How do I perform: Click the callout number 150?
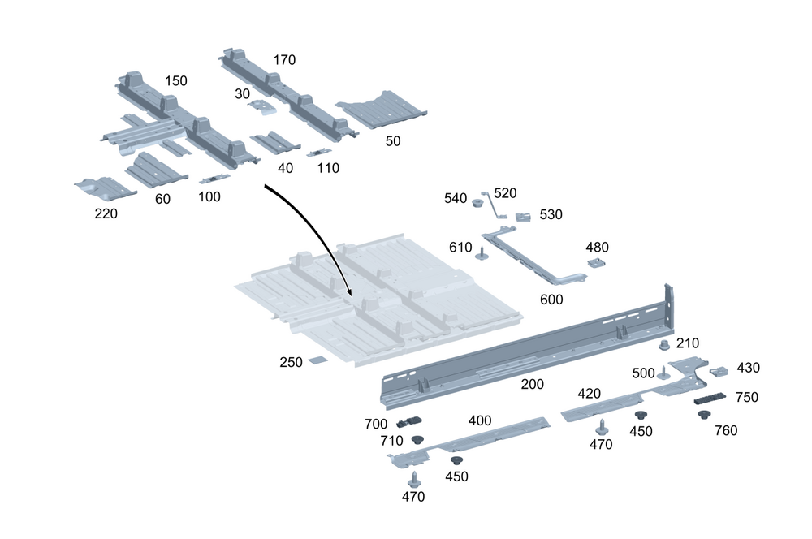click(x=176, y=81)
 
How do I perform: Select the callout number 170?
click(x=284, y=60)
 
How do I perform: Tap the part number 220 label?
click(x=106, y=214)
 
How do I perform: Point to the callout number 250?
click(x=292, y=361)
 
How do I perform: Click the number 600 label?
click(x=551, y=300)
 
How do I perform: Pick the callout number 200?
click(x=532, y=384)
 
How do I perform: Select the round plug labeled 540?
click(x=478, y=201)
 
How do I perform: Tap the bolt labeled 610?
click(x=481, y=252)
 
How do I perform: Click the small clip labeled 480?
click(x=597, y=264)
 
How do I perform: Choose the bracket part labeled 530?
click(x=524, y=216)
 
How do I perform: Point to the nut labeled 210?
click(x=664, y=346)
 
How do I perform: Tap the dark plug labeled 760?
click(x=704, y=416)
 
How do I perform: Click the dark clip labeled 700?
click(x=410, y=422)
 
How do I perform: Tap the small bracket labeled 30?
click(x=261, y=106)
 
